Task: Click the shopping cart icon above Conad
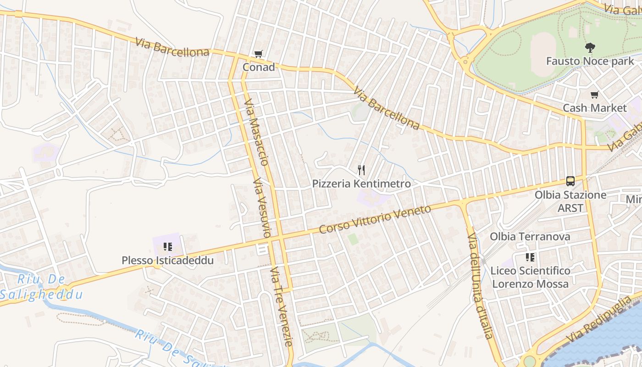pyautogui.click(x=258, y=54)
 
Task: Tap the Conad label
pyautogui.click(x=259, y=67)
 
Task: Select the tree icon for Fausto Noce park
pyautogui.click(x=590, y=47)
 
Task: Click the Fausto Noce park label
pyautogui.click(x=590, y=61)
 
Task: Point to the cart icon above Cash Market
pyautogui.click(x=594, y=95)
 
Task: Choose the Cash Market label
pyautogui.click(x=594, y=108)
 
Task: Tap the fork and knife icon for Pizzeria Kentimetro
pyautogui.click(x=361, y=170)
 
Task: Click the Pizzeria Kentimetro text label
pyautogui.click(x=361, y=184)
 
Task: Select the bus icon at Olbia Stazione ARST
pyautogui.click(x=570, y=181)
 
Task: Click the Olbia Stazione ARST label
pyautogui.click(x=570, y=201)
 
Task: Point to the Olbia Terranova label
pyautogui.click(x=530, y=237)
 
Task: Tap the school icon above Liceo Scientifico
pyautogui.click(x=530, y=257)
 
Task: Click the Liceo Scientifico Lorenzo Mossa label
pyautogui.click(x=530, y=277)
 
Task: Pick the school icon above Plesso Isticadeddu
pyautogui.click(x=168, y=247)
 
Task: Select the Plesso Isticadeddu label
pyautogui.click(x=168, y=261)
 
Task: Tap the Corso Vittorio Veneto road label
pyautogui.click(x=375, y=219)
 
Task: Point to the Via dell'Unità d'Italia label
pyautogui.click(x=480, y=285)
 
